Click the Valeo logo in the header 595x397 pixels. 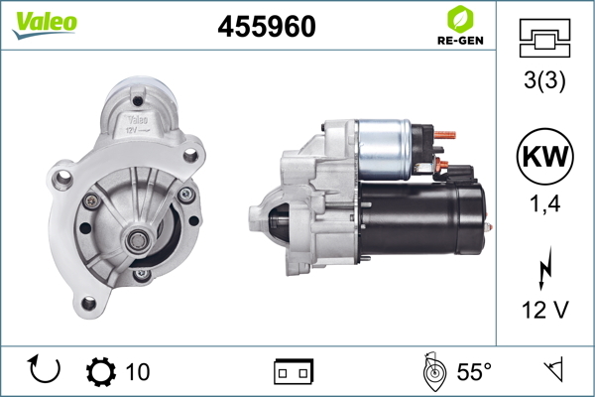[45, 24]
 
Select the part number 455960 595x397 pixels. [267, 26]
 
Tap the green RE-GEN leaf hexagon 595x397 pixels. [460, 20]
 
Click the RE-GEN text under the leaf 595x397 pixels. [460, 41]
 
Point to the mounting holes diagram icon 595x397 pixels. [544, 38]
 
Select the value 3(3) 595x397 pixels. [544, 80]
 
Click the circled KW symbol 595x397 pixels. [544, 156]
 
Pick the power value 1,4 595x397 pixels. [544, 203]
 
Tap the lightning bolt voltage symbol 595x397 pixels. [545, 268]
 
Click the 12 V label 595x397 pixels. [545, 310]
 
